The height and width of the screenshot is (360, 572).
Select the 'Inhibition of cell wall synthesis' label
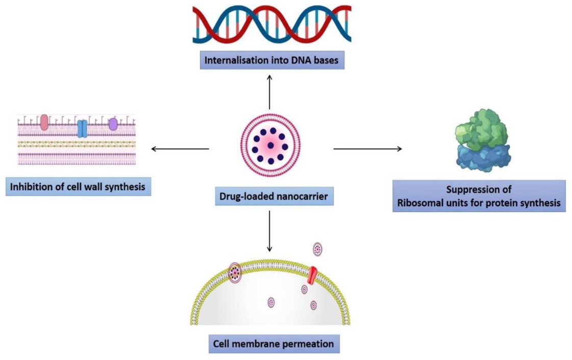coord(77,187)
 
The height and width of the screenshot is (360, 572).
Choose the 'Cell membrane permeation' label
coord(274,344)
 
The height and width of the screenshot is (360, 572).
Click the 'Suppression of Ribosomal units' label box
coord(479,196)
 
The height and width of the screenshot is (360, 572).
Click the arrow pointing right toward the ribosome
coord(367,149)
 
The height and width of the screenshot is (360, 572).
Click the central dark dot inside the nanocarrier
coord(270,146)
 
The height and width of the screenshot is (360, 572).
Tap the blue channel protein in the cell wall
coord(82,128)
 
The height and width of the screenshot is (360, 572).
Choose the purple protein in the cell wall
coord(113,124)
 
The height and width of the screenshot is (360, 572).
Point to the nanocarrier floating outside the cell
coord(318,249)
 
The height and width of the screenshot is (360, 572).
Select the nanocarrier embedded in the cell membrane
coord(235,272)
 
